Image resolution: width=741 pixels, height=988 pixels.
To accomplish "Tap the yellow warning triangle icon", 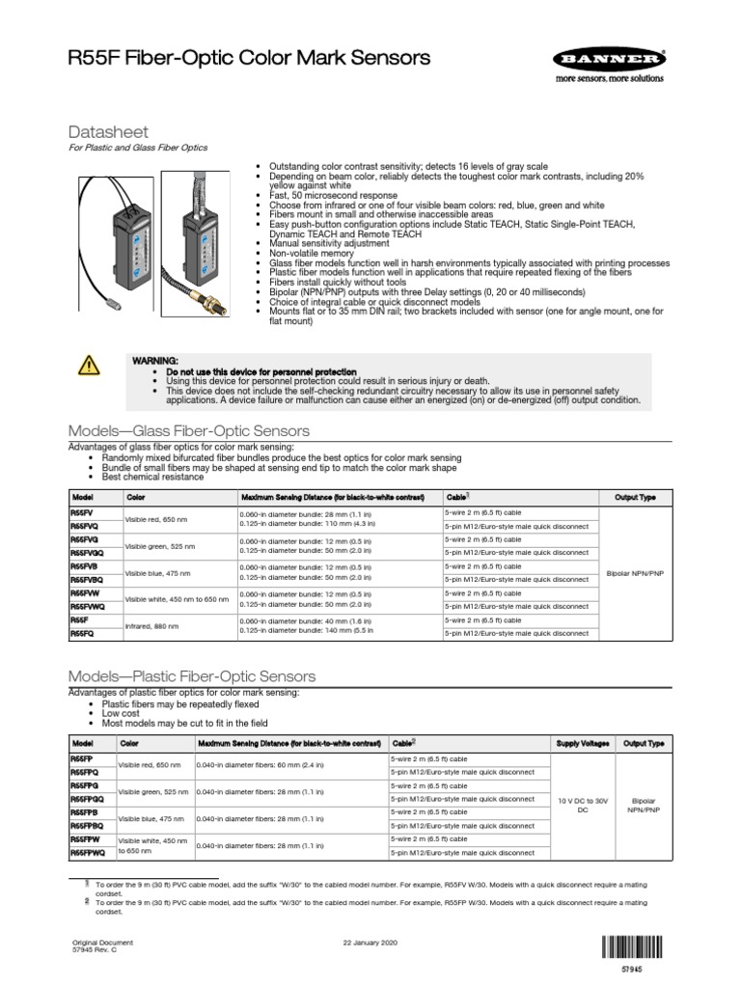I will point(88,365).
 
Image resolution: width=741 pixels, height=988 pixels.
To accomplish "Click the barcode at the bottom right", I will point(632,947).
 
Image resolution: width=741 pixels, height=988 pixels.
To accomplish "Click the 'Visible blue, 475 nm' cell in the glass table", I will point(157,572).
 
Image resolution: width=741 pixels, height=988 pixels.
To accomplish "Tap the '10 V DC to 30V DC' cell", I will point(582,806).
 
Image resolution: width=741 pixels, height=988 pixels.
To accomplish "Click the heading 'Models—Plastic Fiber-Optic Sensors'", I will point(190,676).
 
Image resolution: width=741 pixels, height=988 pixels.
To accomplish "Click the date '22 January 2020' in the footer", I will point(370,942).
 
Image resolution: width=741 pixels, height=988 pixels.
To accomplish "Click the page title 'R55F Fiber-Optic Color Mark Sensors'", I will point(249,59).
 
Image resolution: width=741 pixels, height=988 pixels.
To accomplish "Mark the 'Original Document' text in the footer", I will point(103,942).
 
